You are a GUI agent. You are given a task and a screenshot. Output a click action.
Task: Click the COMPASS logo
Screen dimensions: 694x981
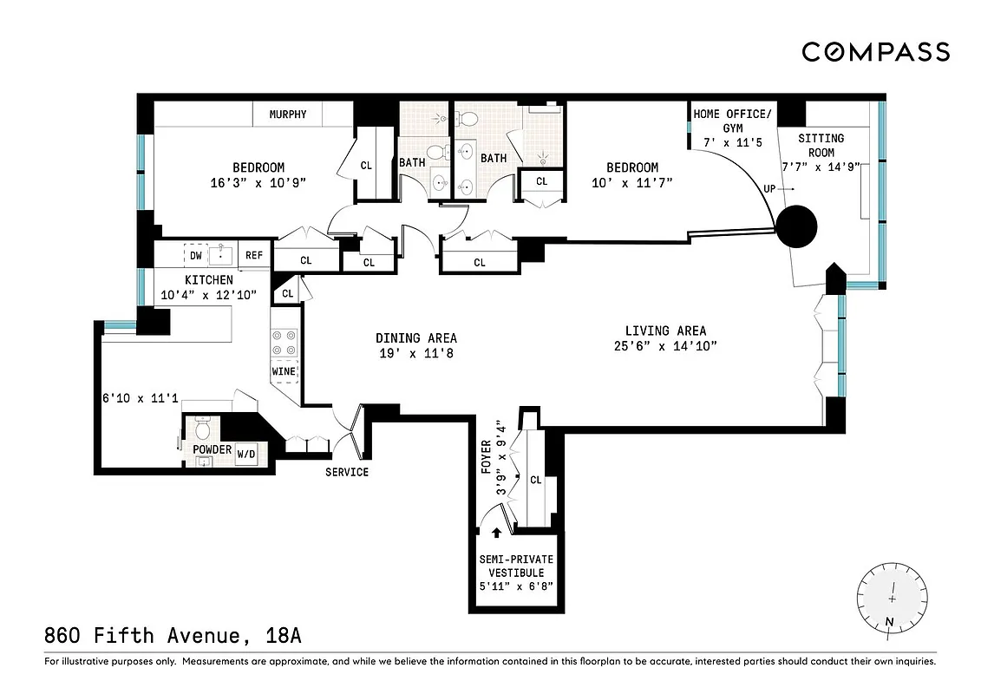click(875, 52)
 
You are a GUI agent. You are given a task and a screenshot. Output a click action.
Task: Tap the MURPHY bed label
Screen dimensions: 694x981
click(287, 115)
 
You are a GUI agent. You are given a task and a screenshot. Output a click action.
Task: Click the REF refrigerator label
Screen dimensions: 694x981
click(253, 256)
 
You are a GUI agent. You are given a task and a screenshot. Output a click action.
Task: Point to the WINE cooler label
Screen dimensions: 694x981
click(284, 371)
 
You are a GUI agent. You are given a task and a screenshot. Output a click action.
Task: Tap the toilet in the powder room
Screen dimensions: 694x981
click(203, 429)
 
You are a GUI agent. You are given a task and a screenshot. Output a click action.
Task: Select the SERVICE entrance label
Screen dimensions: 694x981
click(347, 472)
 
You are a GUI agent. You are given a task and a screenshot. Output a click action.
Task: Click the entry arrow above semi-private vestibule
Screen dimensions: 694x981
click(496, 534)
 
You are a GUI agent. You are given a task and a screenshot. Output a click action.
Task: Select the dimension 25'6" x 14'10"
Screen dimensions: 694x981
click(665, 346)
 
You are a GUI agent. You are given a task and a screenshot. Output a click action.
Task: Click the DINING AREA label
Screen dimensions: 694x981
click(416, 338)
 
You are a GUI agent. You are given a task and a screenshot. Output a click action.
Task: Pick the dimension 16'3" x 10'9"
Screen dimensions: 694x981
click(258, 182)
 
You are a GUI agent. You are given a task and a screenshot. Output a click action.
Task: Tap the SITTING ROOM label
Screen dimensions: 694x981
click(821, 145)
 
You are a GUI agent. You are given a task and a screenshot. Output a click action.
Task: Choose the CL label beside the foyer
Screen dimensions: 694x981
click(535, 480)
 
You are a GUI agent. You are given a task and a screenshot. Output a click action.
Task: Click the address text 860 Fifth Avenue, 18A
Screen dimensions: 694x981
click(173, 636)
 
